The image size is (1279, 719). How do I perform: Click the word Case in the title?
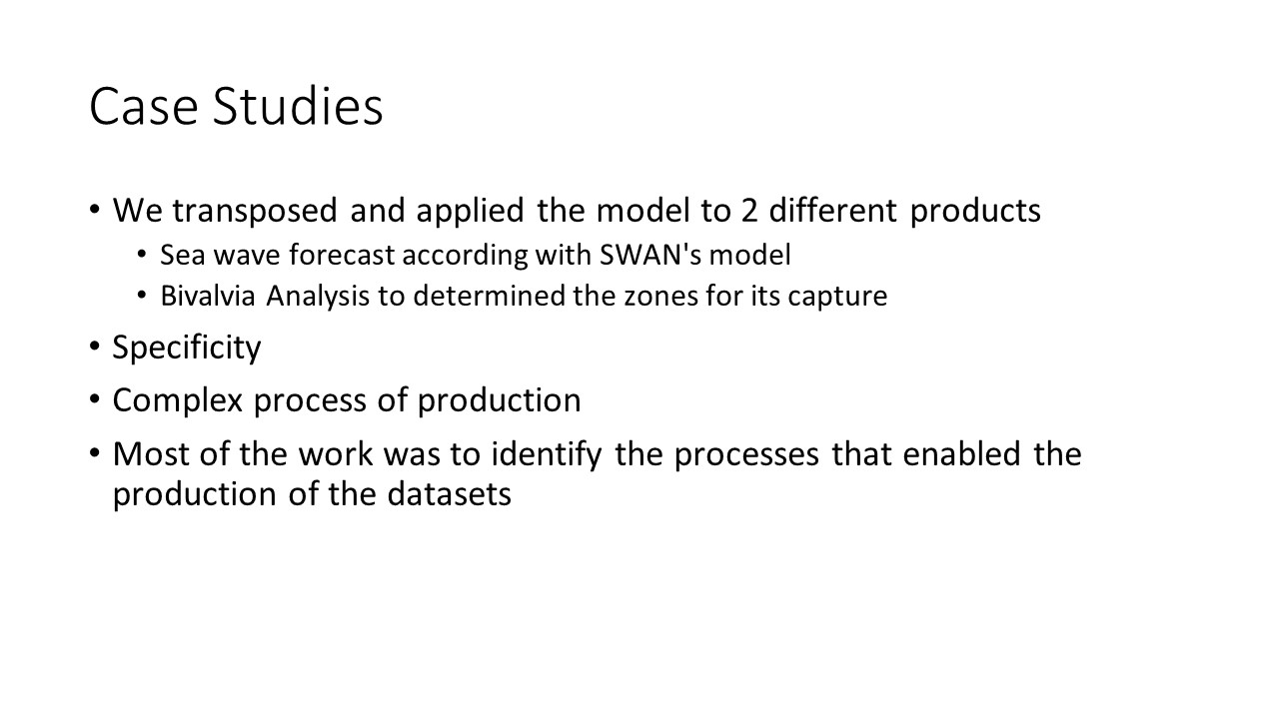[144, 106]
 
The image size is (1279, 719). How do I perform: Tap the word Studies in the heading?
[298, 106]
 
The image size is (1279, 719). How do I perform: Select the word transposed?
[255, 211]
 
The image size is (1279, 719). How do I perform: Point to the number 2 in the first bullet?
[749, 210]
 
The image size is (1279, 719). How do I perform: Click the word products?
[975, 211]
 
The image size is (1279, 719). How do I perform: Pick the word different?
[833, 210]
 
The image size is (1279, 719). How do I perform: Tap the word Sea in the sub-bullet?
[182, 255]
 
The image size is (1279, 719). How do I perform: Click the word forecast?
[342, 255]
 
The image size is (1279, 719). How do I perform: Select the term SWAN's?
[650, 255]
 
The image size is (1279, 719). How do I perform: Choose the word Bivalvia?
[207, 296]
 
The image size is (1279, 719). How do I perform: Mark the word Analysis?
[318, 297]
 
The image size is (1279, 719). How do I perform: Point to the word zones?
[660, 297]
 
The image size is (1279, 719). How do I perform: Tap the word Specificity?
[187, 348]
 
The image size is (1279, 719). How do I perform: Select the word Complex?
[178, 400]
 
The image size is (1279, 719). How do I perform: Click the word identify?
[547, 454]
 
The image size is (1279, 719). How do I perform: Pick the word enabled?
[961, 454]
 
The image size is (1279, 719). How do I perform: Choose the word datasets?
[450, 494]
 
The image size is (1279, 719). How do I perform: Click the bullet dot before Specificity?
[95, 347]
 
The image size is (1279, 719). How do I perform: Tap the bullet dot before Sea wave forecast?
[142, 254]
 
